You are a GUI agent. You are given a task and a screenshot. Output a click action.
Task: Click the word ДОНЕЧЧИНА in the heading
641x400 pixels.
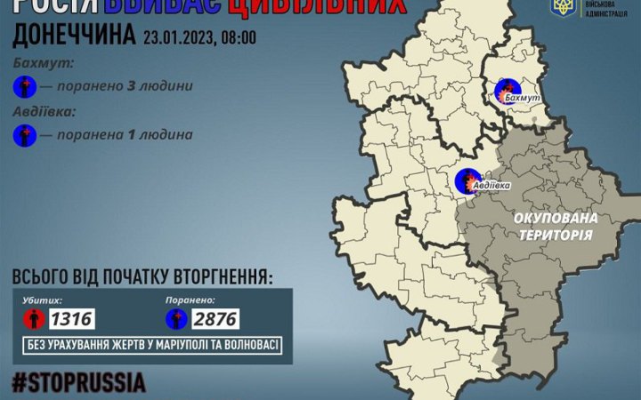click(75, 36)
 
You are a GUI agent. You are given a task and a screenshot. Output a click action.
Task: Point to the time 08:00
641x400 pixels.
click(238, 38)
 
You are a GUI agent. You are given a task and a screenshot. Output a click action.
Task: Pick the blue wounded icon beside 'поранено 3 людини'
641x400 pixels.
click(26, 87)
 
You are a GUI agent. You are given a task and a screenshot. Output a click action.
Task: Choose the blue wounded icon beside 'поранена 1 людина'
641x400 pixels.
click(26, 135)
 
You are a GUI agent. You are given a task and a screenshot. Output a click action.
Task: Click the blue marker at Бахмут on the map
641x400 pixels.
click(507, 90)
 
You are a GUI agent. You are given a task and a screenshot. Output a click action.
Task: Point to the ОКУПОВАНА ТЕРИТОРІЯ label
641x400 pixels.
click(556, 223)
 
